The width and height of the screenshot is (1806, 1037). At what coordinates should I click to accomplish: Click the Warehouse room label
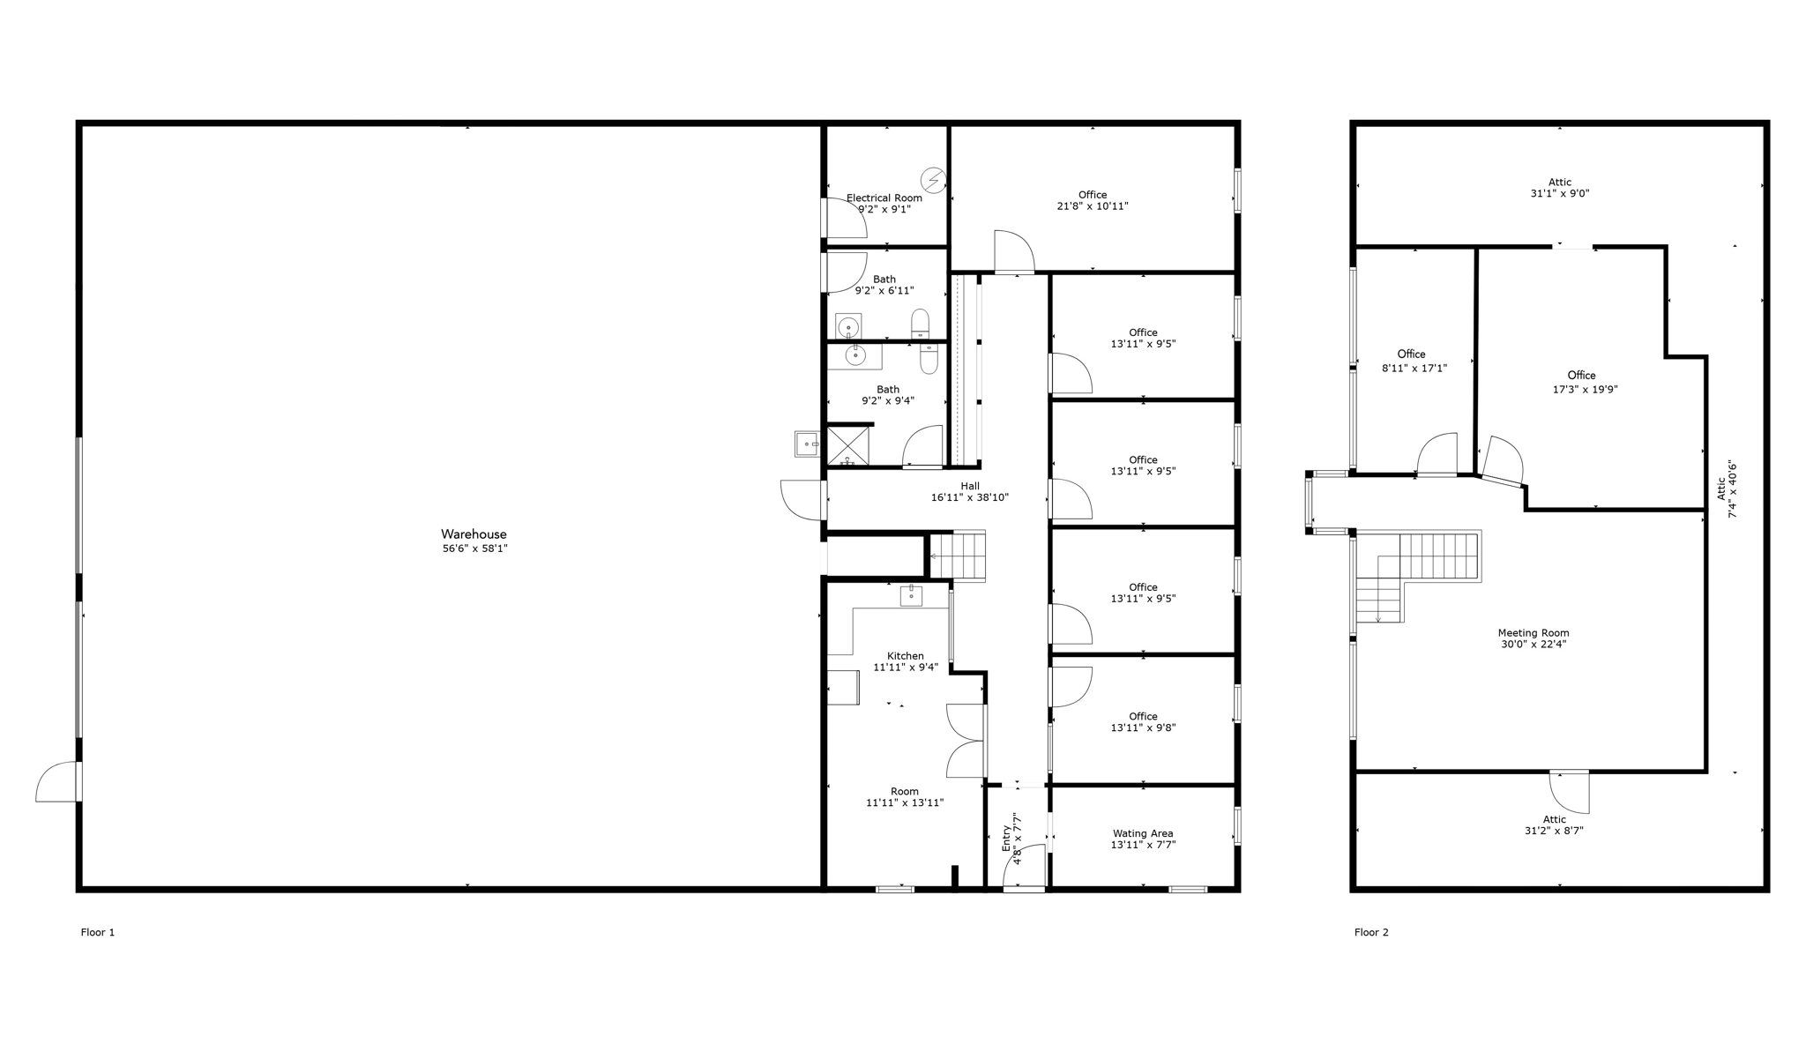(474, 534)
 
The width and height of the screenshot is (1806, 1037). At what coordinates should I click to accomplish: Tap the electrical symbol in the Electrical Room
(933, 181)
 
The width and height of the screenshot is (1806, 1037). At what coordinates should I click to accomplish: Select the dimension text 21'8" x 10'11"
(1093, 206)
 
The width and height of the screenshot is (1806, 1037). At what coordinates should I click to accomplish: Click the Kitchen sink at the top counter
(911, 596)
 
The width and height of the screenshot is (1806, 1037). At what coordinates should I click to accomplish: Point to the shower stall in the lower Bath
(847, 445)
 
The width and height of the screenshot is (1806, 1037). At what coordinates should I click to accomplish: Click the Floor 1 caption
(98, 932)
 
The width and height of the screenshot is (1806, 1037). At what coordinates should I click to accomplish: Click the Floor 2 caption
(1371, 932)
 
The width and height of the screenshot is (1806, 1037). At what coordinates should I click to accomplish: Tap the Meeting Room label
(1534, 633)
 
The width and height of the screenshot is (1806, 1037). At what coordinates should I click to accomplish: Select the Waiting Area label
(1143, 833)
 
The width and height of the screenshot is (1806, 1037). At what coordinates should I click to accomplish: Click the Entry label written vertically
(1006, 838)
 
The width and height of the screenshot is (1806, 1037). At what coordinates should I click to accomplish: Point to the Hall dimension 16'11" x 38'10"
(970, 497)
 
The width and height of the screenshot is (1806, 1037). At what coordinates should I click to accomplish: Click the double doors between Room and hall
(966, 741)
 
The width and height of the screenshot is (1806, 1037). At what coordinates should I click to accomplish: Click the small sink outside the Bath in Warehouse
(807, 444)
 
